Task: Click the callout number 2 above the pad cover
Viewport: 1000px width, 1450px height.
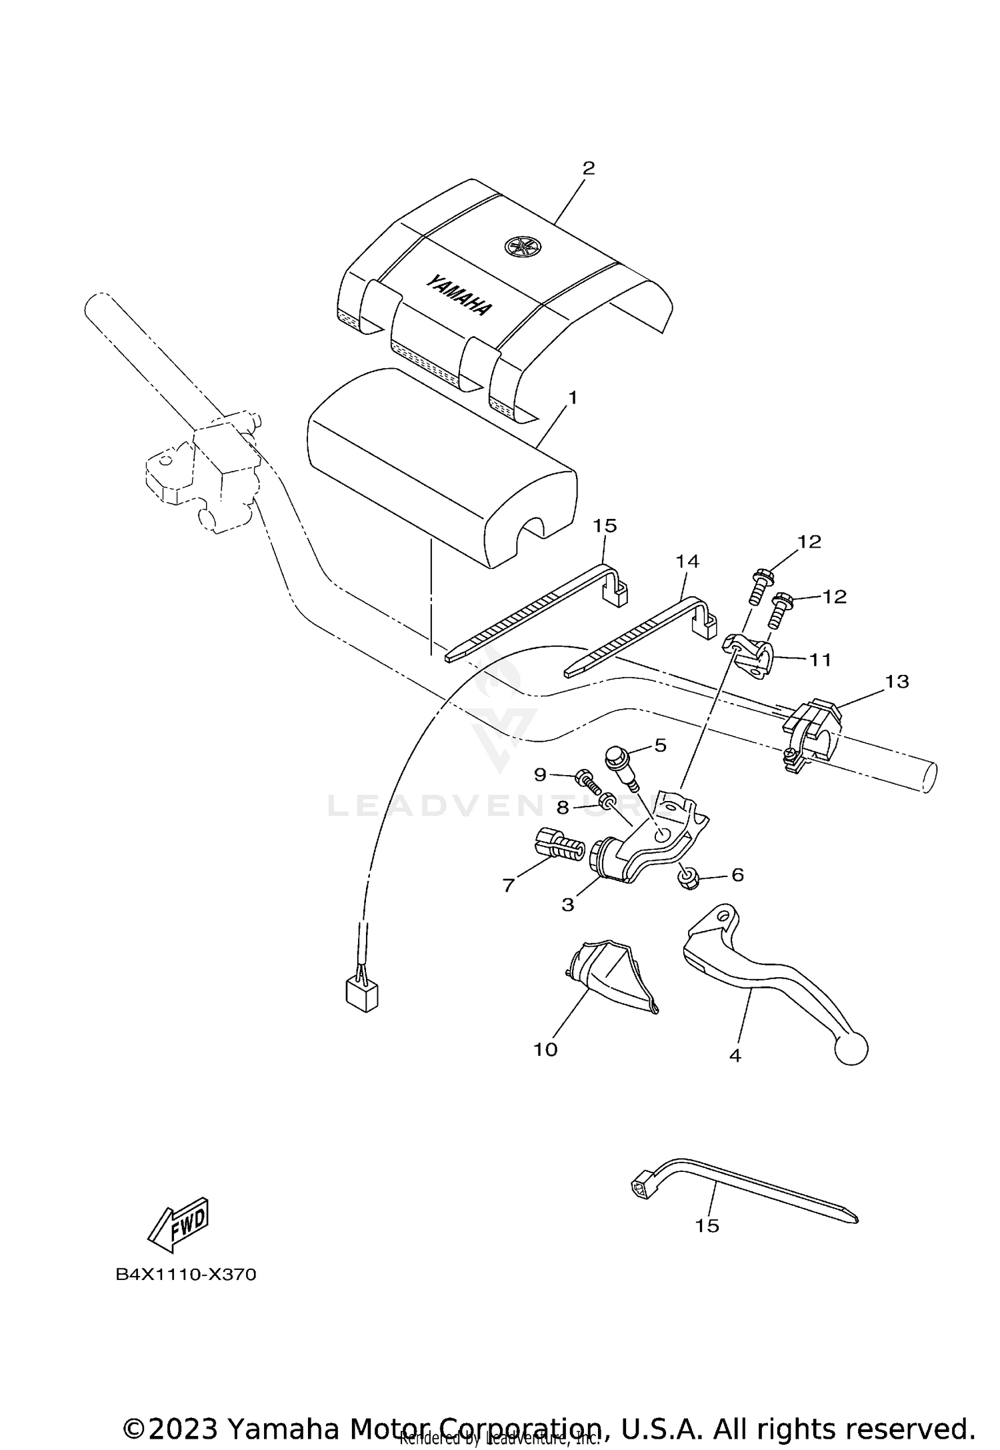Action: [588, 168]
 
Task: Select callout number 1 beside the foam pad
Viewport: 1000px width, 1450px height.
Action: [572, 398]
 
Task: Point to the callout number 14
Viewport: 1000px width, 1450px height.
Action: [687, 562]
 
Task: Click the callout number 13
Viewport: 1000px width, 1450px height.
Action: [897, 682]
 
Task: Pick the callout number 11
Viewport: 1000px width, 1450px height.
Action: [820, 660]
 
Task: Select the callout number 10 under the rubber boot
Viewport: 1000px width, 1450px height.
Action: [545, 1050]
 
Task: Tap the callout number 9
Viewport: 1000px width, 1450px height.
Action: [540, 774]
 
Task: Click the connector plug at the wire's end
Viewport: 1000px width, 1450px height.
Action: [363, 996]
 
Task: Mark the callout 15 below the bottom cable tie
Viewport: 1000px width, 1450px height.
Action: [707, 1225]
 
